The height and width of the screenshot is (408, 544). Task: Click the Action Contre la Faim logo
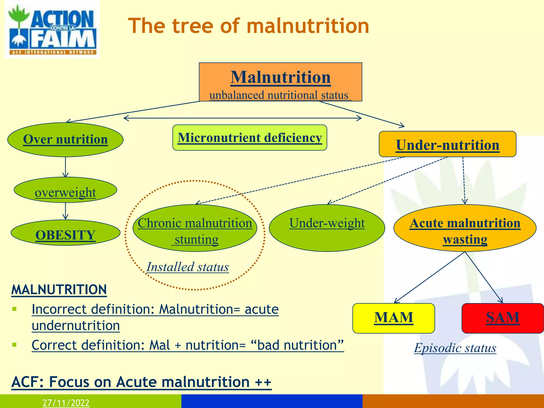point(52,29)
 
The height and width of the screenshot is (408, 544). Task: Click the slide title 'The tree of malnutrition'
point(248,26)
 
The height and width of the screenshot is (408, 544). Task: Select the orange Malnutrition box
point(280,82)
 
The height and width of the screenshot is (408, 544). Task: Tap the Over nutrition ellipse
point(65,139)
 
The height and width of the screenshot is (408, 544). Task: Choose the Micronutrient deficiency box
point(250,138)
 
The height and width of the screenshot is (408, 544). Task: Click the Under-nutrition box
point(447,144)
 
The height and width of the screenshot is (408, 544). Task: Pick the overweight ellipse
point(65,190)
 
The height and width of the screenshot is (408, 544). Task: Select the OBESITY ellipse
point(65,233)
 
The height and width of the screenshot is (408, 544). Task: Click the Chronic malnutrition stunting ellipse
point(195,228)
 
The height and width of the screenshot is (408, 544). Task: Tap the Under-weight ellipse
point(327,228)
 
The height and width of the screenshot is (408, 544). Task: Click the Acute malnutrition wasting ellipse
point(465,228)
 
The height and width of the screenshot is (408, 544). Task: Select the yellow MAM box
point(393,318)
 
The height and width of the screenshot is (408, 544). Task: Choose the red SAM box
point(503,318)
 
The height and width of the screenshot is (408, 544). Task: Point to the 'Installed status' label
point(188,267)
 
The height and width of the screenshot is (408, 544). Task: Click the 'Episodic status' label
point(455,348)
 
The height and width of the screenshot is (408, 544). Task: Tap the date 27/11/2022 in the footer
point(66,403)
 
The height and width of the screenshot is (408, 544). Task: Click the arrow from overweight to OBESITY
point(66,211)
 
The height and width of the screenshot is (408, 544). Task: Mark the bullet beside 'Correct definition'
point(15,345)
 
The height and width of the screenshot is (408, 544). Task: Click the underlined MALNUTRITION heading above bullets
point(59,290)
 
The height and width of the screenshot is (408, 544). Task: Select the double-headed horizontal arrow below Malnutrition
point(243,118)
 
